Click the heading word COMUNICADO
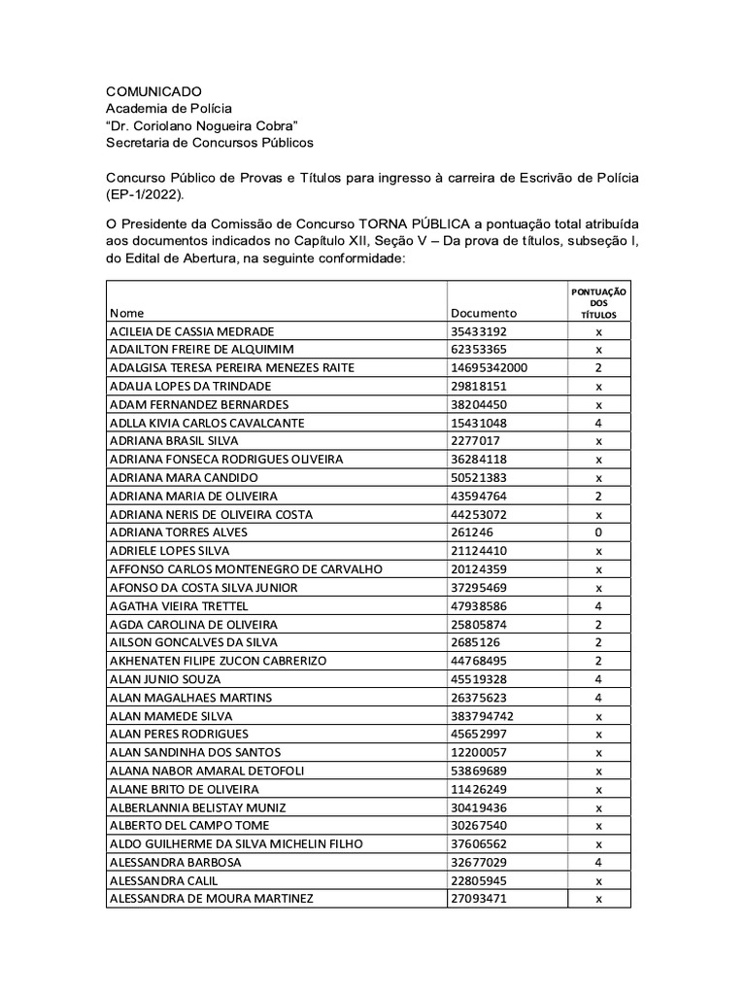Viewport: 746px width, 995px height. point(153,90)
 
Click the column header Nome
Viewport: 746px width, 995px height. point(126,313)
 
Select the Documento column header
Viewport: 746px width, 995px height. point(484,313)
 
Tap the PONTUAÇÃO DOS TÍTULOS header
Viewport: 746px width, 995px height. point(598,303)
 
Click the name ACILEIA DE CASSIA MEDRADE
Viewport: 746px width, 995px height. point(192,331)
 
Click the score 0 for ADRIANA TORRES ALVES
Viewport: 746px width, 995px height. point(598,532)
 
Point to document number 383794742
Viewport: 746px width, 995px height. point(483,716)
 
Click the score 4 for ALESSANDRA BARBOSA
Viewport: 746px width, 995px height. point(598,862)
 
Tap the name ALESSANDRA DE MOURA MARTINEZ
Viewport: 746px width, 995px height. point(212,899)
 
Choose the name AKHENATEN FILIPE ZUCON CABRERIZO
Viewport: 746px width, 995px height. point(219,661)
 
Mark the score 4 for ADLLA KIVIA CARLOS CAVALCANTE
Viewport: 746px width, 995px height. point(598,423)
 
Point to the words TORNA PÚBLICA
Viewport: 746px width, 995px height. point(402,223)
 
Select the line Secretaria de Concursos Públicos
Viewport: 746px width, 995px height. point(210,143)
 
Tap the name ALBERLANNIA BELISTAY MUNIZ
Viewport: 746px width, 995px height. point(198,807)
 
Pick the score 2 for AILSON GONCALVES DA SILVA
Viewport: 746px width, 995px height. point(598,642)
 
